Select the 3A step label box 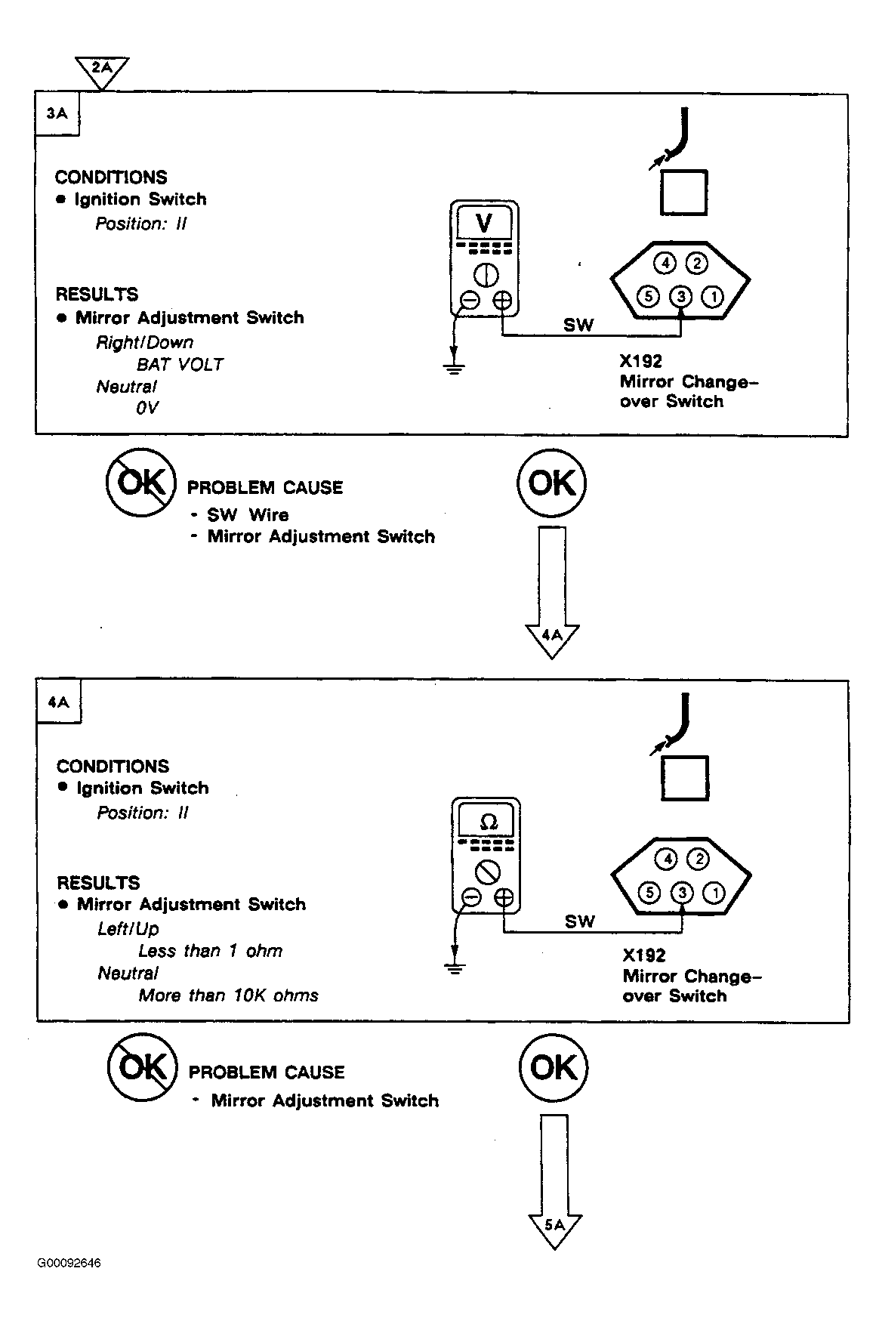57,115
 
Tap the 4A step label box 59,702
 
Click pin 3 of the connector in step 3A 681,296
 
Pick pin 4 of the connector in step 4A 666,859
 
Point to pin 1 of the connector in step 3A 713,296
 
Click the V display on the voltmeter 484,224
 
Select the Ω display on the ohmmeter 488,821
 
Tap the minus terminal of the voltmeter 469,301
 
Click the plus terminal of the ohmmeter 504,897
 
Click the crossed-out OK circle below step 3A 140,483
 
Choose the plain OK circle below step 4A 554,1067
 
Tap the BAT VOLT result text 180,364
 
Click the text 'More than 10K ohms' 228,995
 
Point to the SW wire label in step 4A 580,921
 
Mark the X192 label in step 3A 640,361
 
